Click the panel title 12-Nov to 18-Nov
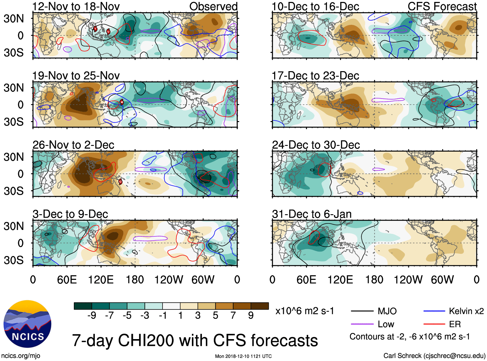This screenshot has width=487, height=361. (76, 6)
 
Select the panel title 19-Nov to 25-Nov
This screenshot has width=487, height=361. (76, 76)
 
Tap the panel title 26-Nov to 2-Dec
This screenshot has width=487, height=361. (73, 145)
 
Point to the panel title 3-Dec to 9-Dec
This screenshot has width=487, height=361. (70, 214)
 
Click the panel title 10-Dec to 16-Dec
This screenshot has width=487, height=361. (315, 6)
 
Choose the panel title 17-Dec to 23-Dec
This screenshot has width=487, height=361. (315, 76)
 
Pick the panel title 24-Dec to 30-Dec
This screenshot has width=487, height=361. (316, 145)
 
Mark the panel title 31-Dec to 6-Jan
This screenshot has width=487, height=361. (312, 214)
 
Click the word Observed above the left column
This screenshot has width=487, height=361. (213, 6)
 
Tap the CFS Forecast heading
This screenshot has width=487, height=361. (442, 6)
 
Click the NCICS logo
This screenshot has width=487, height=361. (27, 324)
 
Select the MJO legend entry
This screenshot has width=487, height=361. (387, 311)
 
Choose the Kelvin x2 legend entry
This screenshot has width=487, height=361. (466, 311)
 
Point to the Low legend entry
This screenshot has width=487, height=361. (386, 324)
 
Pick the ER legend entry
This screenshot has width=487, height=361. (455, 324)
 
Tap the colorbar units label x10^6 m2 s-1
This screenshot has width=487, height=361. (304, 311)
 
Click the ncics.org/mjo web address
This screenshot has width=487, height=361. (21, 356)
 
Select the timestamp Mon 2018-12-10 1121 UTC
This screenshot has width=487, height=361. (243, 356)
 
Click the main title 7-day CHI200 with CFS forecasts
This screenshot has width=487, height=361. (195, 341)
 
